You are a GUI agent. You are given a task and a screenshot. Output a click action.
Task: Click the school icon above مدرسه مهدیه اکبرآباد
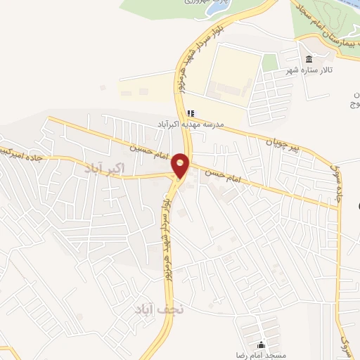pyautogui.click(x=190, y=112)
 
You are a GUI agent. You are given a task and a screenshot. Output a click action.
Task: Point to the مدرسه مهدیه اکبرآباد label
pyautogui.click(x=190, y=124)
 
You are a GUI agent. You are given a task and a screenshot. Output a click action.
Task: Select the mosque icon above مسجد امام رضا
pyautogui.click(x=262, y=345)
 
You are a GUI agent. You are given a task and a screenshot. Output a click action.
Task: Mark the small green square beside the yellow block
pyautogui.click(x=269, y=62)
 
